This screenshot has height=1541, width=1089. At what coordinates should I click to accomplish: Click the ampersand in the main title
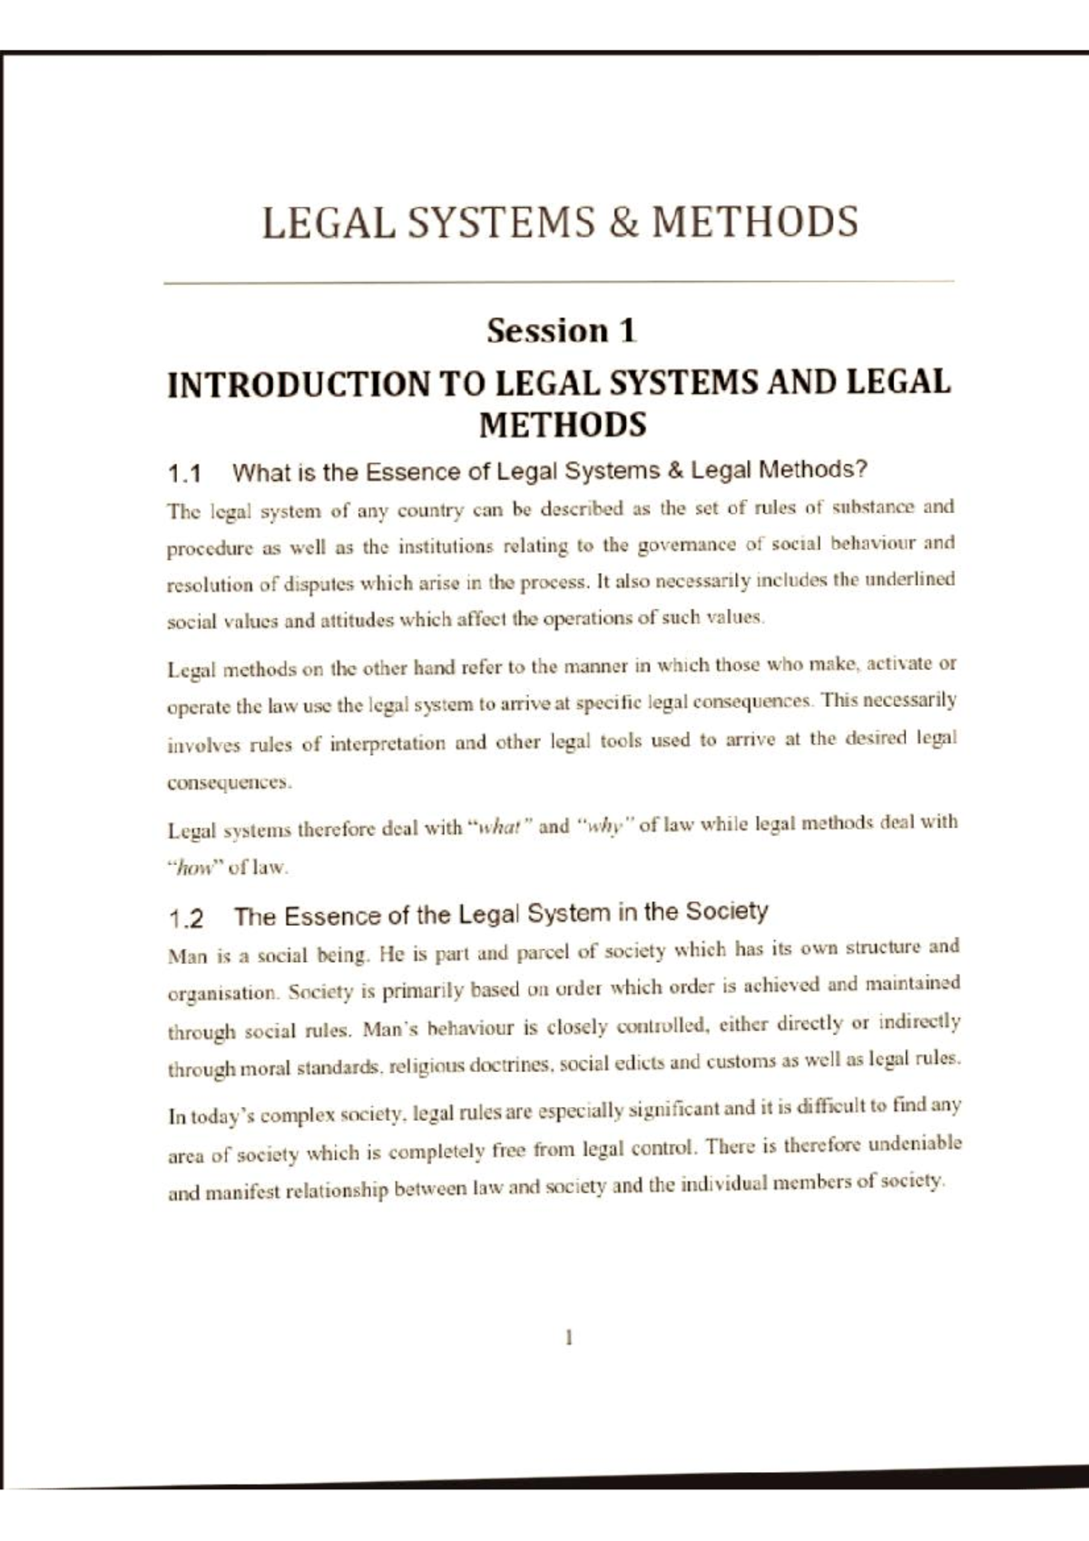coord(623,223)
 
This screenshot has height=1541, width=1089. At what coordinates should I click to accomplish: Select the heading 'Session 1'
coord(562,330)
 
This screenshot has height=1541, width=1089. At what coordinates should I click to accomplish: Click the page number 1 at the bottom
coord(568,1337)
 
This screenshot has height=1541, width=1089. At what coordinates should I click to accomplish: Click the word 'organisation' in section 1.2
coord(222,993)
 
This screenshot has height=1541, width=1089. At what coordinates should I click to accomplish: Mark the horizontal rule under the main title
coord(558,283)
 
